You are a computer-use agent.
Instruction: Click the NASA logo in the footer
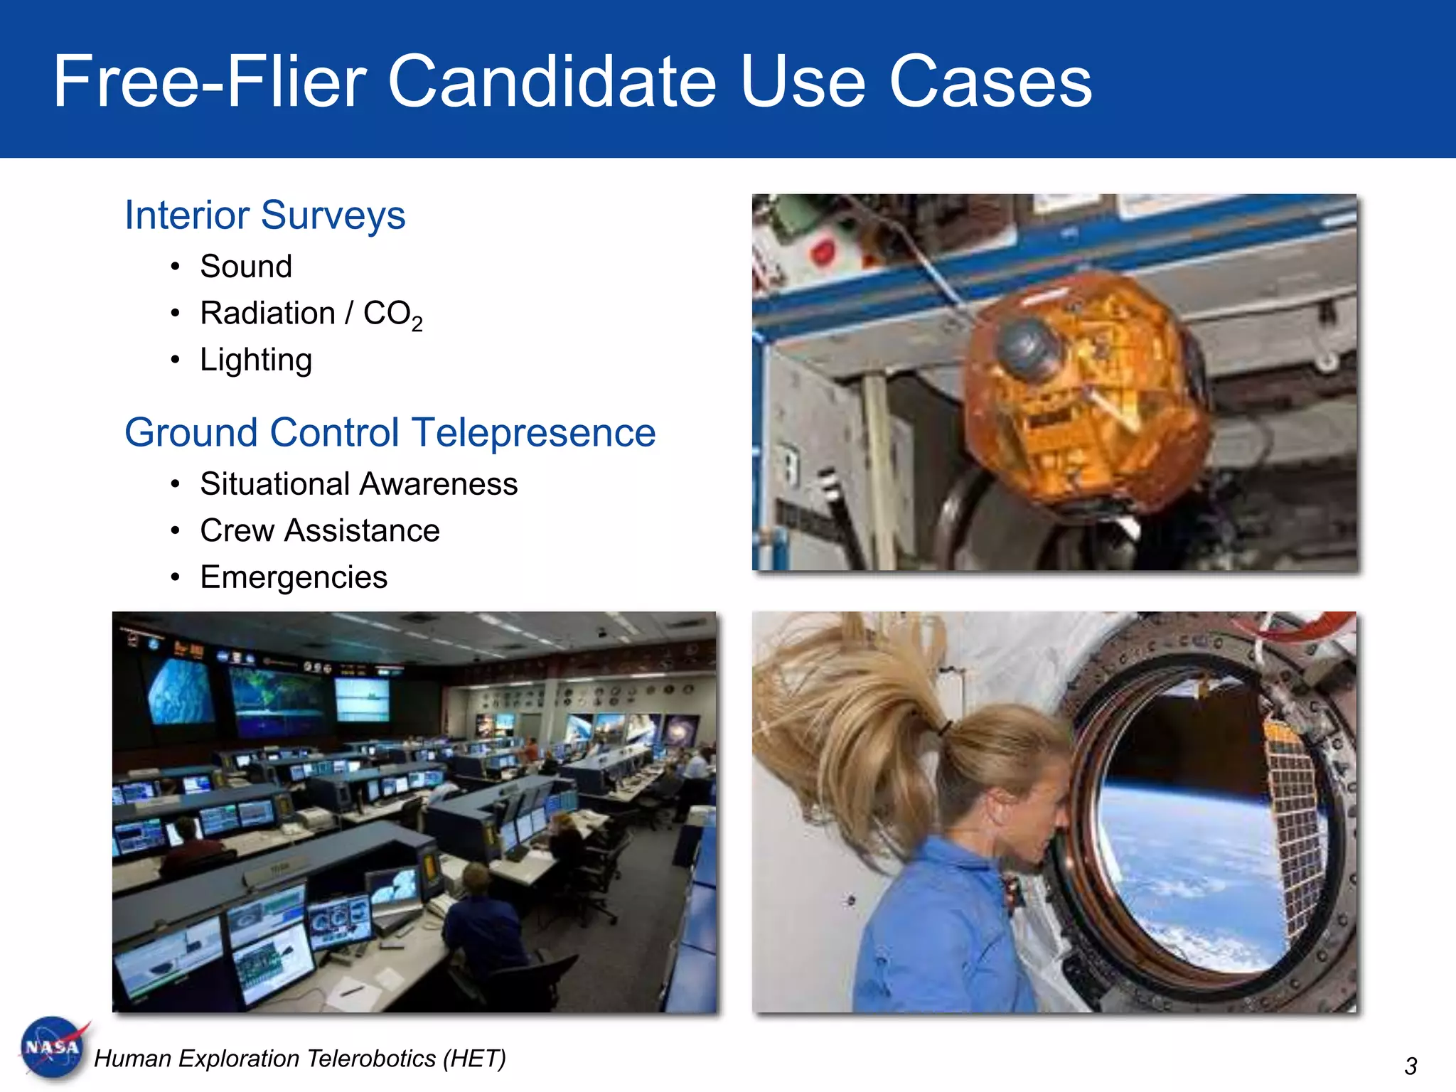(x=53, y=1048)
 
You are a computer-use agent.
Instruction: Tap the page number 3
(x=1410, y=1066)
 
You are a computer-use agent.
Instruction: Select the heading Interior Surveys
(x=264, y=215)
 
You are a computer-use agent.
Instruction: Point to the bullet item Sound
(x=246, y=267)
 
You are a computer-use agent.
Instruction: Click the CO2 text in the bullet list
(x=392, y=314)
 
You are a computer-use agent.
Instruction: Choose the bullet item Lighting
(x=256, y=360)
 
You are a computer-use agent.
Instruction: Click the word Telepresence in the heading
(x=533, y=432)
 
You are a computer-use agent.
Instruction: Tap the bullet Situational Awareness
(x=358, y=484)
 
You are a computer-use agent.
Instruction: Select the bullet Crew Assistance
(x=320, y=531)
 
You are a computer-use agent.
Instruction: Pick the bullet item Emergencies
(x=294, y=577)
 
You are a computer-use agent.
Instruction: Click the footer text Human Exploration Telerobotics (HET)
(x=299, y=1059)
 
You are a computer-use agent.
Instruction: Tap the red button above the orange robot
(x=823, y=252)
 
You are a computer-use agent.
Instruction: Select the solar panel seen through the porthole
(x=1294, y=818)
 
